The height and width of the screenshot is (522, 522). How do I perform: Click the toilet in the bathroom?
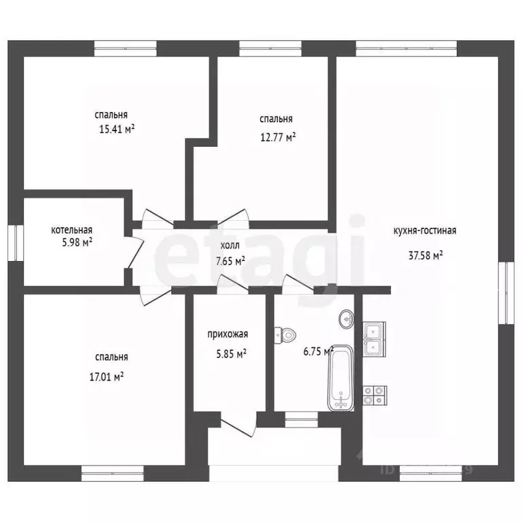point(285,335)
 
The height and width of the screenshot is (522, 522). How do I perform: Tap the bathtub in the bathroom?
point(341,379)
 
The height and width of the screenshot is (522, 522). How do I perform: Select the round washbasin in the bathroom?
point(347,319)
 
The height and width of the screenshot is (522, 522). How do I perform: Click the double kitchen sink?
point(375,339)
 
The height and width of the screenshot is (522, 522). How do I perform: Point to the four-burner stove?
point(375,395)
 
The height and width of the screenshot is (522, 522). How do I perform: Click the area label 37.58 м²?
point(425,256)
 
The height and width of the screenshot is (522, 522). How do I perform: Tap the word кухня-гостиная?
point(425,230)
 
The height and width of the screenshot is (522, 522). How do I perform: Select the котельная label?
point(71,230)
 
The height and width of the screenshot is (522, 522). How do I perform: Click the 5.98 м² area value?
point(77,242)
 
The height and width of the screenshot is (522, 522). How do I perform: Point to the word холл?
point(230,245)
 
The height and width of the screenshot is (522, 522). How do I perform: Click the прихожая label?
point(228,334)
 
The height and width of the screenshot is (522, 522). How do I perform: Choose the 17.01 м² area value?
point(107,377)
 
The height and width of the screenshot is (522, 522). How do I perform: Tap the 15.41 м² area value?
point(117,129)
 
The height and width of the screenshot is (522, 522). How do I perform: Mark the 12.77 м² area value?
point(278,137)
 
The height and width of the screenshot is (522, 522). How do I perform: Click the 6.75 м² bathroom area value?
point(319,351)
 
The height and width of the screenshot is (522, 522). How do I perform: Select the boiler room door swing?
point(134,252)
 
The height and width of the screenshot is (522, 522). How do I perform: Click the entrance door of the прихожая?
point(239,424)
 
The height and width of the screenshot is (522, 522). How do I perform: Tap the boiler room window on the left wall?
point(16,243)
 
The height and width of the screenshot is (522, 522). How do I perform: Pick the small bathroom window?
point(302,419)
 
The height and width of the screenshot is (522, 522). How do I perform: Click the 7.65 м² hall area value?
point(230,261)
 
